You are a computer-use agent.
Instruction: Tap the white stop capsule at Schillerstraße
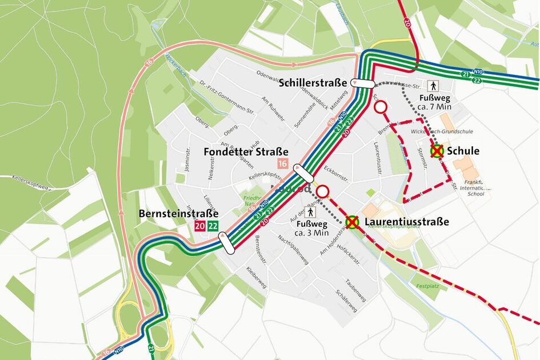(x=363, y=83)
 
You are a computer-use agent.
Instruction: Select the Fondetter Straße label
(x=246, y=152)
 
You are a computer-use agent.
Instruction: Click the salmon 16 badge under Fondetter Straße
(x=282, y=164)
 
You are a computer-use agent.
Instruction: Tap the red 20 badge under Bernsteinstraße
(x=199, y=226)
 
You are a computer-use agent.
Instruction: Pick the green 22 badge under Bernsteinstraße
(x=213, y=226)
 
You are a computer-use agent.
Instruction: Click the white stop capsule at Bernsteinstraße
(x=227, y=244)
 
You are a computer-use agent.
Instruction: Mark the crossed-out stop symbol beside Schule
(x=437, y=151)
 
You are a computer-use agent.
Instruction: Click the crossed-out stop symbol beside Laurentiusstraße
(x=353, y=222)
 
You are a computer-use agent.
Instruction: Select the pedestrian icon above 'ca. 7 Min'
(x=433, y=86)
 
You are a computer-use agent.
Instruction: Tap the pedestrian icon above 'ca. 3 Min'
(x=311, y=213)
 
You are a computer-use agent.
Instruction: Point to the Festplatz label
(x=426, y=286)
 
